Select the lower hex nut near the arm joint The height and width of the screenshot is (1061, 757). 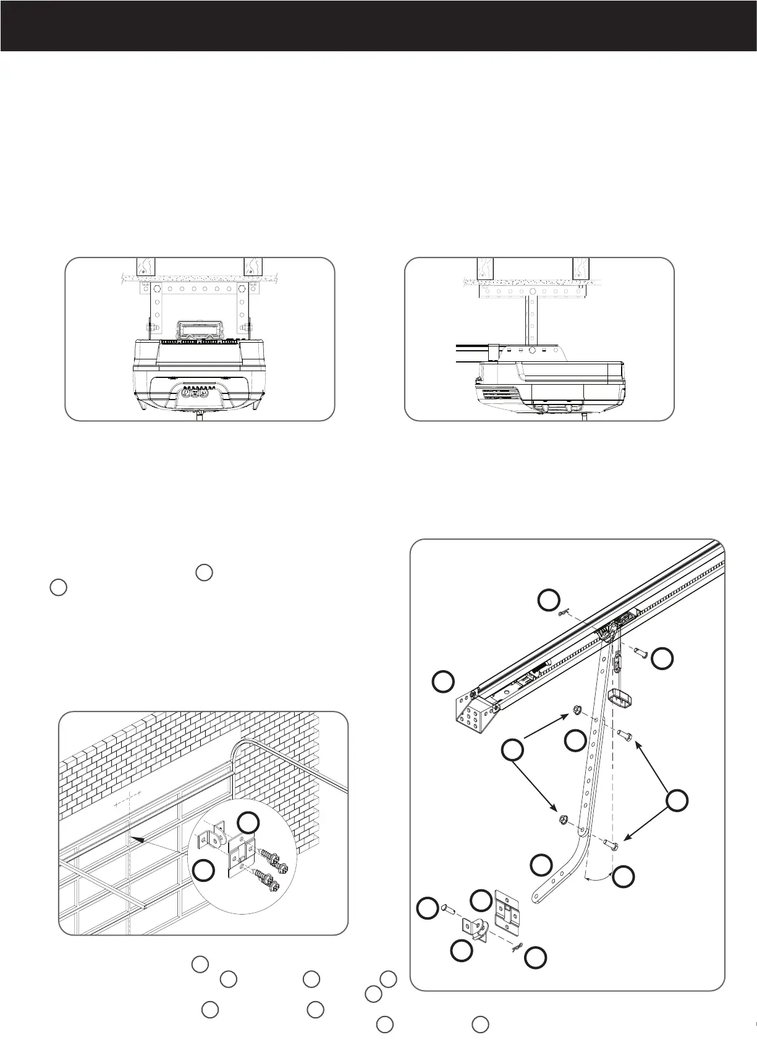point(563,820)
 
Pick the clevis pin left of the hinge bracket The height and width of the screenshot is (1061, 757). point(448,910)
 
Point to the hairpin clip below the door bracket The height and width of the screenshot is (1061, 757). point(517,946)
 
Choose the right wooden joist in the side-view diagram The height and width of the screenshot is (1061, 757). point(581,267)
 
